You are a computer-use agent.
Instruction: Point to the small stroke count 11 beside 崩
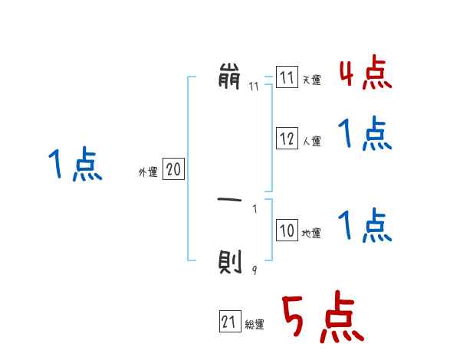[x=254, y=87]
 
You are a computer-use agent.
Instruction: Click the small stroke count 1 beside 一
[x=255, y=208]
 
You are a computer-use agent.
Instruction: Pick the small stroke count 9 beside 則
[x=254, y=270]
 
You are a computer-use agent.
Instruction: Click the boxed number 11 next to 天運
[x=287, y=78]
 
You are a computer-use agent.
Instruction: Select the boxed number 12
[x=287, y=139]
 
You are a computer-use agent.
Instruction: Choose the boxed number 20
[x=173, y=170]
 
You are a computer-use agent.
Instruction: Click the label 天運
[x=311, y=80]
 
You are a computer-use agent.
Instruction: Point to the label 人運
[x=311, y=141]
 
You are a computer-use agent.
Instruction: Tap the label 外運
[x=147, y=173]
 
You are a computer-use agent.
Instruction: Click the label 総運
[x=255, y=325]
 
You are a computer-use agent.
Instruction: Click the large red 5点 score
[x=321, y=318]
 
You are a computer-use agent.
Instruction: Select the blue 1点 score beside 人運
[x=364, y=135]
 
